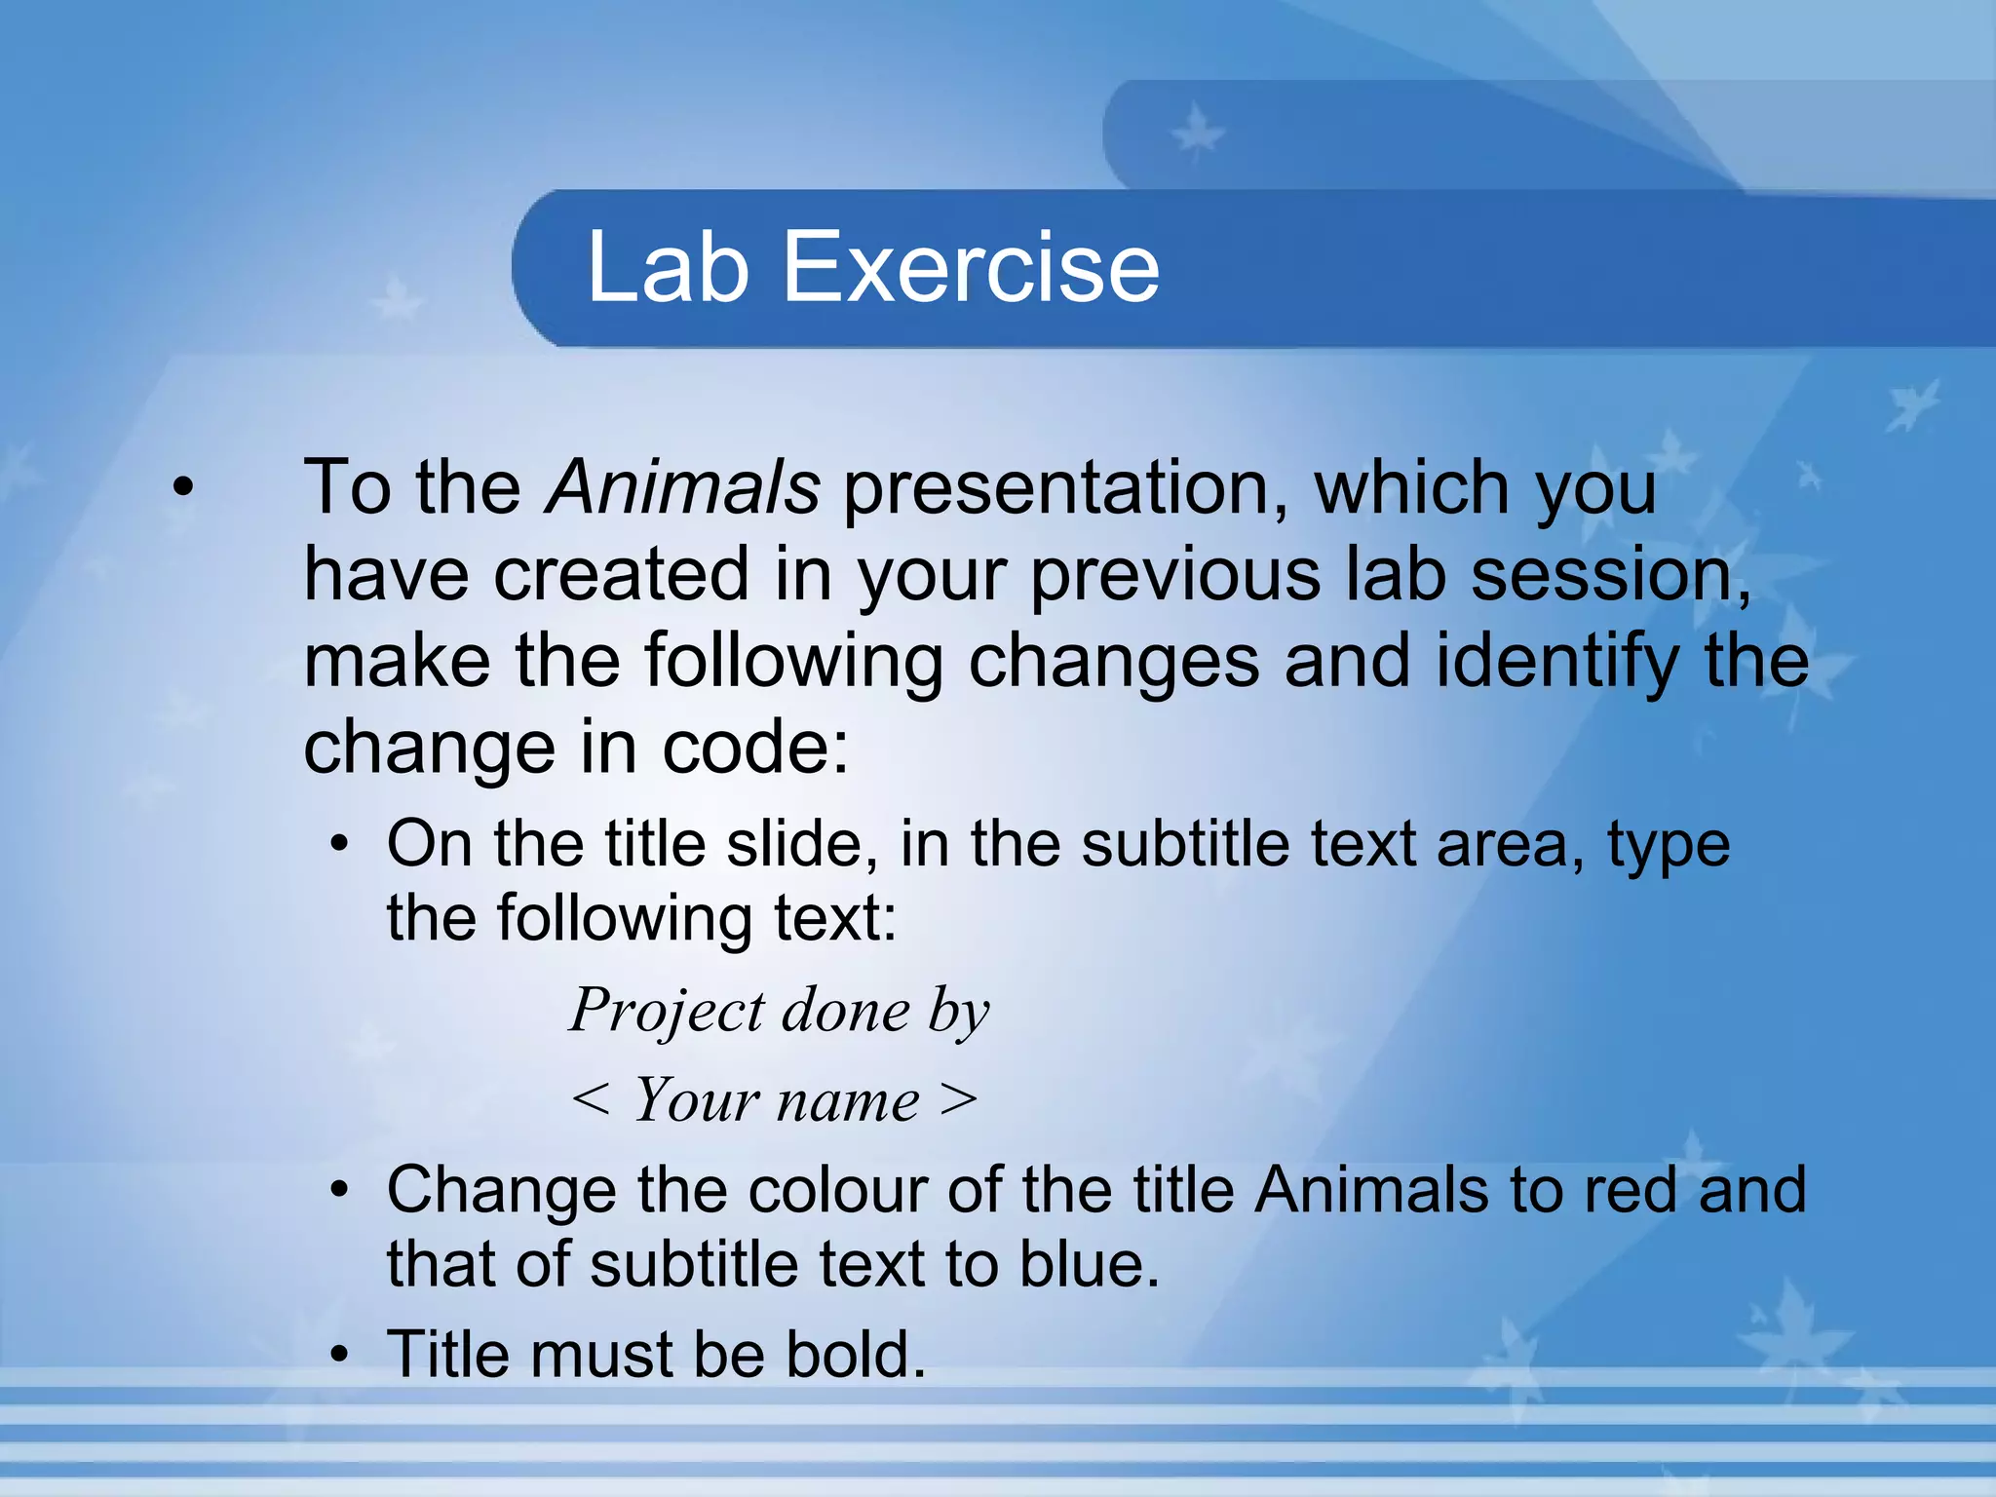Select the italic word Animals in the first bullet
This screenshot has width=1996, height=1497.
tap(682, 487)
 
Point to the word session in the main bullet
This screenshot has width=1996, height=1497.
tap(1609, 575)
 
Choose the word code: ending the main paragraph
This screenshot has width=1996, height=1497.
tap(755, 748)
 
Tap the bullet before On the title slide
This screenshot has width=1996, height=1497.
tap(338, 844)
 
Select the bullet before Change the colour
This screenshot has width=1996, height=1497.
tap(338, 1191)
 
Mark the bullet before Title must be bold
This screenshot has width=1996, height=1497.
tap(338, 1355)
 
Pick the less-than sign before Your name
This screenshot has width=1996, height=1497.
tap(591, 1100)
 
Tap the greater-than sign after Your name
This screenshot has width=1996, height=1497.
tap(958, 1100)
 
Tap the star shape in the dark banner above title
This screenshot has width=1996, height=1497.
tap(1197, 133)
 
